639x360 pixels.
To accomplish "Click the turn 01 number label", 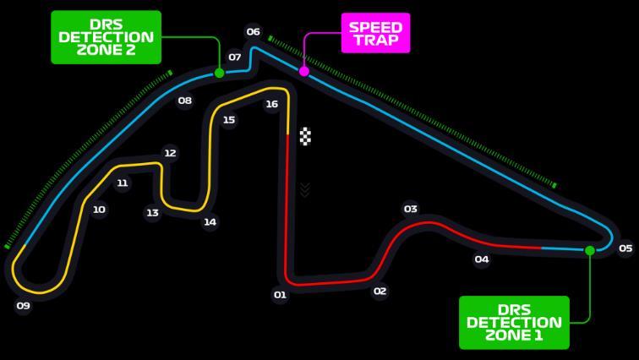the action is [x=280, y=295].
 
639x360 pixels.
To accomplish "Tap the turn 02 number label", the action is [x=380, y=292].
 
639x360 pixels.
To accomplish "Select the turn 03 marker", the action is [x=411, y=209].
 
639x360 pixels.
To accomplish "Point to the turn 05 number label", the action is [x=625, y=248].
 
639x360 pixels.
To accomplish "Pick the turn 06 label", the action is [x=253, y=32].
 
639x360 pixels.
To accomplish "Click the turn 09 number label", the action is [x=23, y=305].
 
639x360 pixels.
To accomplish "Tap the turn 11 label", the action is [x=123, y=183].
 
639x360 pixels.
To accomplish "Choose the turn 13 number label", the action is [x=152, y=213].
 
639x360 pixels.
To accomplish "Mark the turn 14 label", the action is [x=210, y=222].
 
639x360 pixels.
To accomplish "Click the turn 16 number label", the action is [x=271, y=105].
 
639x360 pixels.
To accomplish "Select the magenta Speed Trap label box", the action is [x=375, y=33].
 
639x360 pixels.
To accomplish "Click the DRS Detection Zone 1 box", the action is [x=514, y=322].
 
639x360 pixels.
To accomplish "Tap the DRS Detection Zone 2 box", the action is [x=106, y=37].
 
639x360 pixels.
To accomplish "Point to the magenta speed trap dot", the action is [x=304, y=72].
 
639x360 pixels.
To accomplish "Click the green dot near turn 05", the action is [x=590, y=250].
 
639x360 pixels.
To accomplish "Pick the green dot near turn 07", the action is [x=219, y=74].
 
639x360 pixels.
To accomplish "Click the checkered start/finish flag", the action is [x=305, y=136].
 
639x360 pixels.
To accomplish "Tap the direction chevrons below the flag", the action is [x=305, y=189].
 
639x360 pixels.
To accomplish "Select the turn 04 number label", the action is [x=482, y=259].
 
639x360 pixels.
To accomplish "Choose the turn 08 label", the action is [x=184, y=101].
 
